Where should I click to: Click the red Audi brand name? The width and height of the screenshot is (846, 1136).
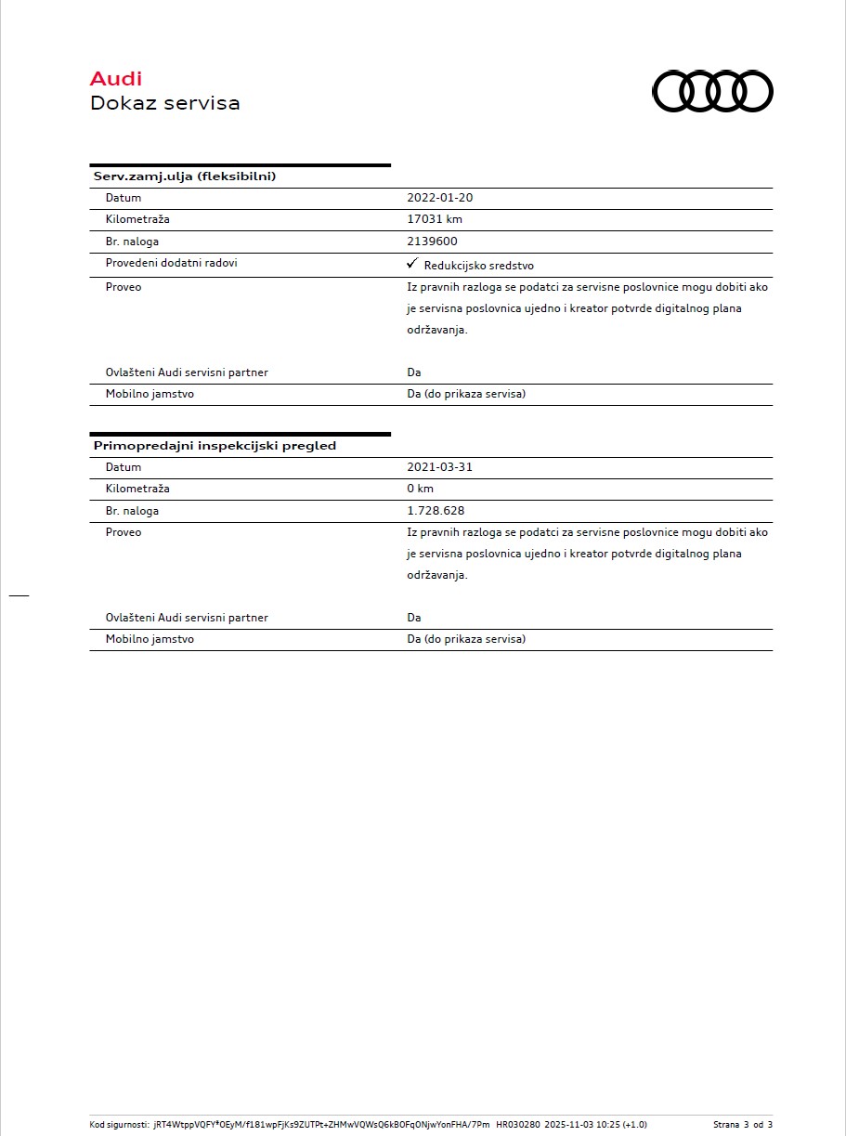116,79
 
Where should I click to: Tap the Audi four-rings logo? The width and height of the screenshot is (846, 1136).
712,92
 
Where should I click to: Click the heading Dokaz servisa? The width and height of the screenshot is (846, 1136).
164,103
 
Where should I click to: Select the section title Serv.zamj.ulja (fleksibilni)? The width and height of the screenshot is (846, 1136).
185,176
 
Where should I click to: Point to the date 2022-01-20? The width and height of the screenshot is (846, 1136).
440,198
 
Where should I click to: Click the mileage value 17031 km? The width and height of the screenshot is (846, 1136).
435,219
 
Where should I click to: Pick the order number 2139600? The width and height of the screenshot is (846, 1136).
432,242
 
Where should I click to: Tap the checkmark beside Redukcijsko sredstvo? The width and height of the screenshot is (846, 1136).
412,264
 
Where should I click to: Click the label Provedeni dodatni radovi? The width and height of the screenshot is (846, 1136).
171,263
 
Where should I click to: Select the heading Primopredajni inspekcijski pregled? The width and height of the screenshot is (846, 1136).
215,446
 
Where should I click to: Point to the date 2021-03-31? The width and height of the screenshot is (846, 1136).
439,467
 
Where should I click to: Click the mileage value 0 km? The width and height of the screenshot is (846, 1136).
420,489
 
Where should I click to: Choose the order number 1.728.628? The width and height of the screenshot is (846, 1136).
436,511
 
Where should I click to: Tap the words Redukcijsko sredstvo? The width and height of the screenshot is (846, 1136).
478,266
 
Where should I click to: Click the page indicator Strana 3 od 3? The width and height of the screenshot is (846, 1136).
743,1124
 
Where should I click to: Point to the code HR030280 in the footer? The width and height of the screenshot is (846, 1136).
517,1124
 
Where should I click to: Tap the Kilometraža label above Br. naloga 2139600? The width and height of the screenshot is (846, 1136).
137,219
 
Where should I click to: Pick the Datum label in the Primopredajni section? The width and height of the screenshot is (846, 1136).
124,467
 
